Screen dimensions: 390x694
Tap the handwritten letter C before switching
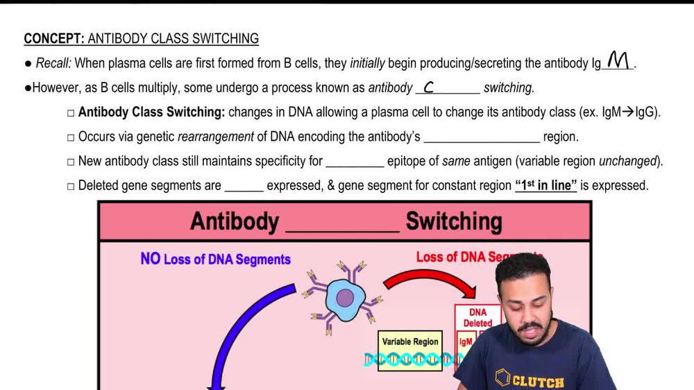click(x=429, y=87)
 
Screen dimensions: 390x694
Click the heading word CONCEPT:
click(x=54, y=39)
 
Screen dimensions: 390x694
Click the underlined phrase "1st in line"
click(x=545, y=185)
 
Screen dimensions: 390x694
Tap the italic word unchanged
click(x=627, y=161)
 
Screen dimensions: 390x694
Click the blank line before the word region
click(x=481, y=138)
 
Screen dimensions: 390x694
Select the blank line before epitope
click(x=355, y=162)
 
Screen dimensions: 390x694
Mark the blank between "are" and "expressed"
click(x=244, y=187)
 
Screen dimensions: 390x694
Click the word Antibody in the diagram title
click(x=235, y=222)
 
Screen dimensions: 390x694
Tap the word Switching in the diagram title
click(x=454, y=222)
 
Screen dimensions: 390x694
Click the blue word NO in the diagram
click(x=150, y=259)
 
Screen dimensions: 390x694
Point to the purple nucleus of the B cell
click(x=345, y=298)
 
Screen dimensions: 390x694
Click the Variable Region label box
click(x=410, y=342)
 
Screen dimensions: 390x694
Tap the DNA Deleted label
click(x=477, y=318)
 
